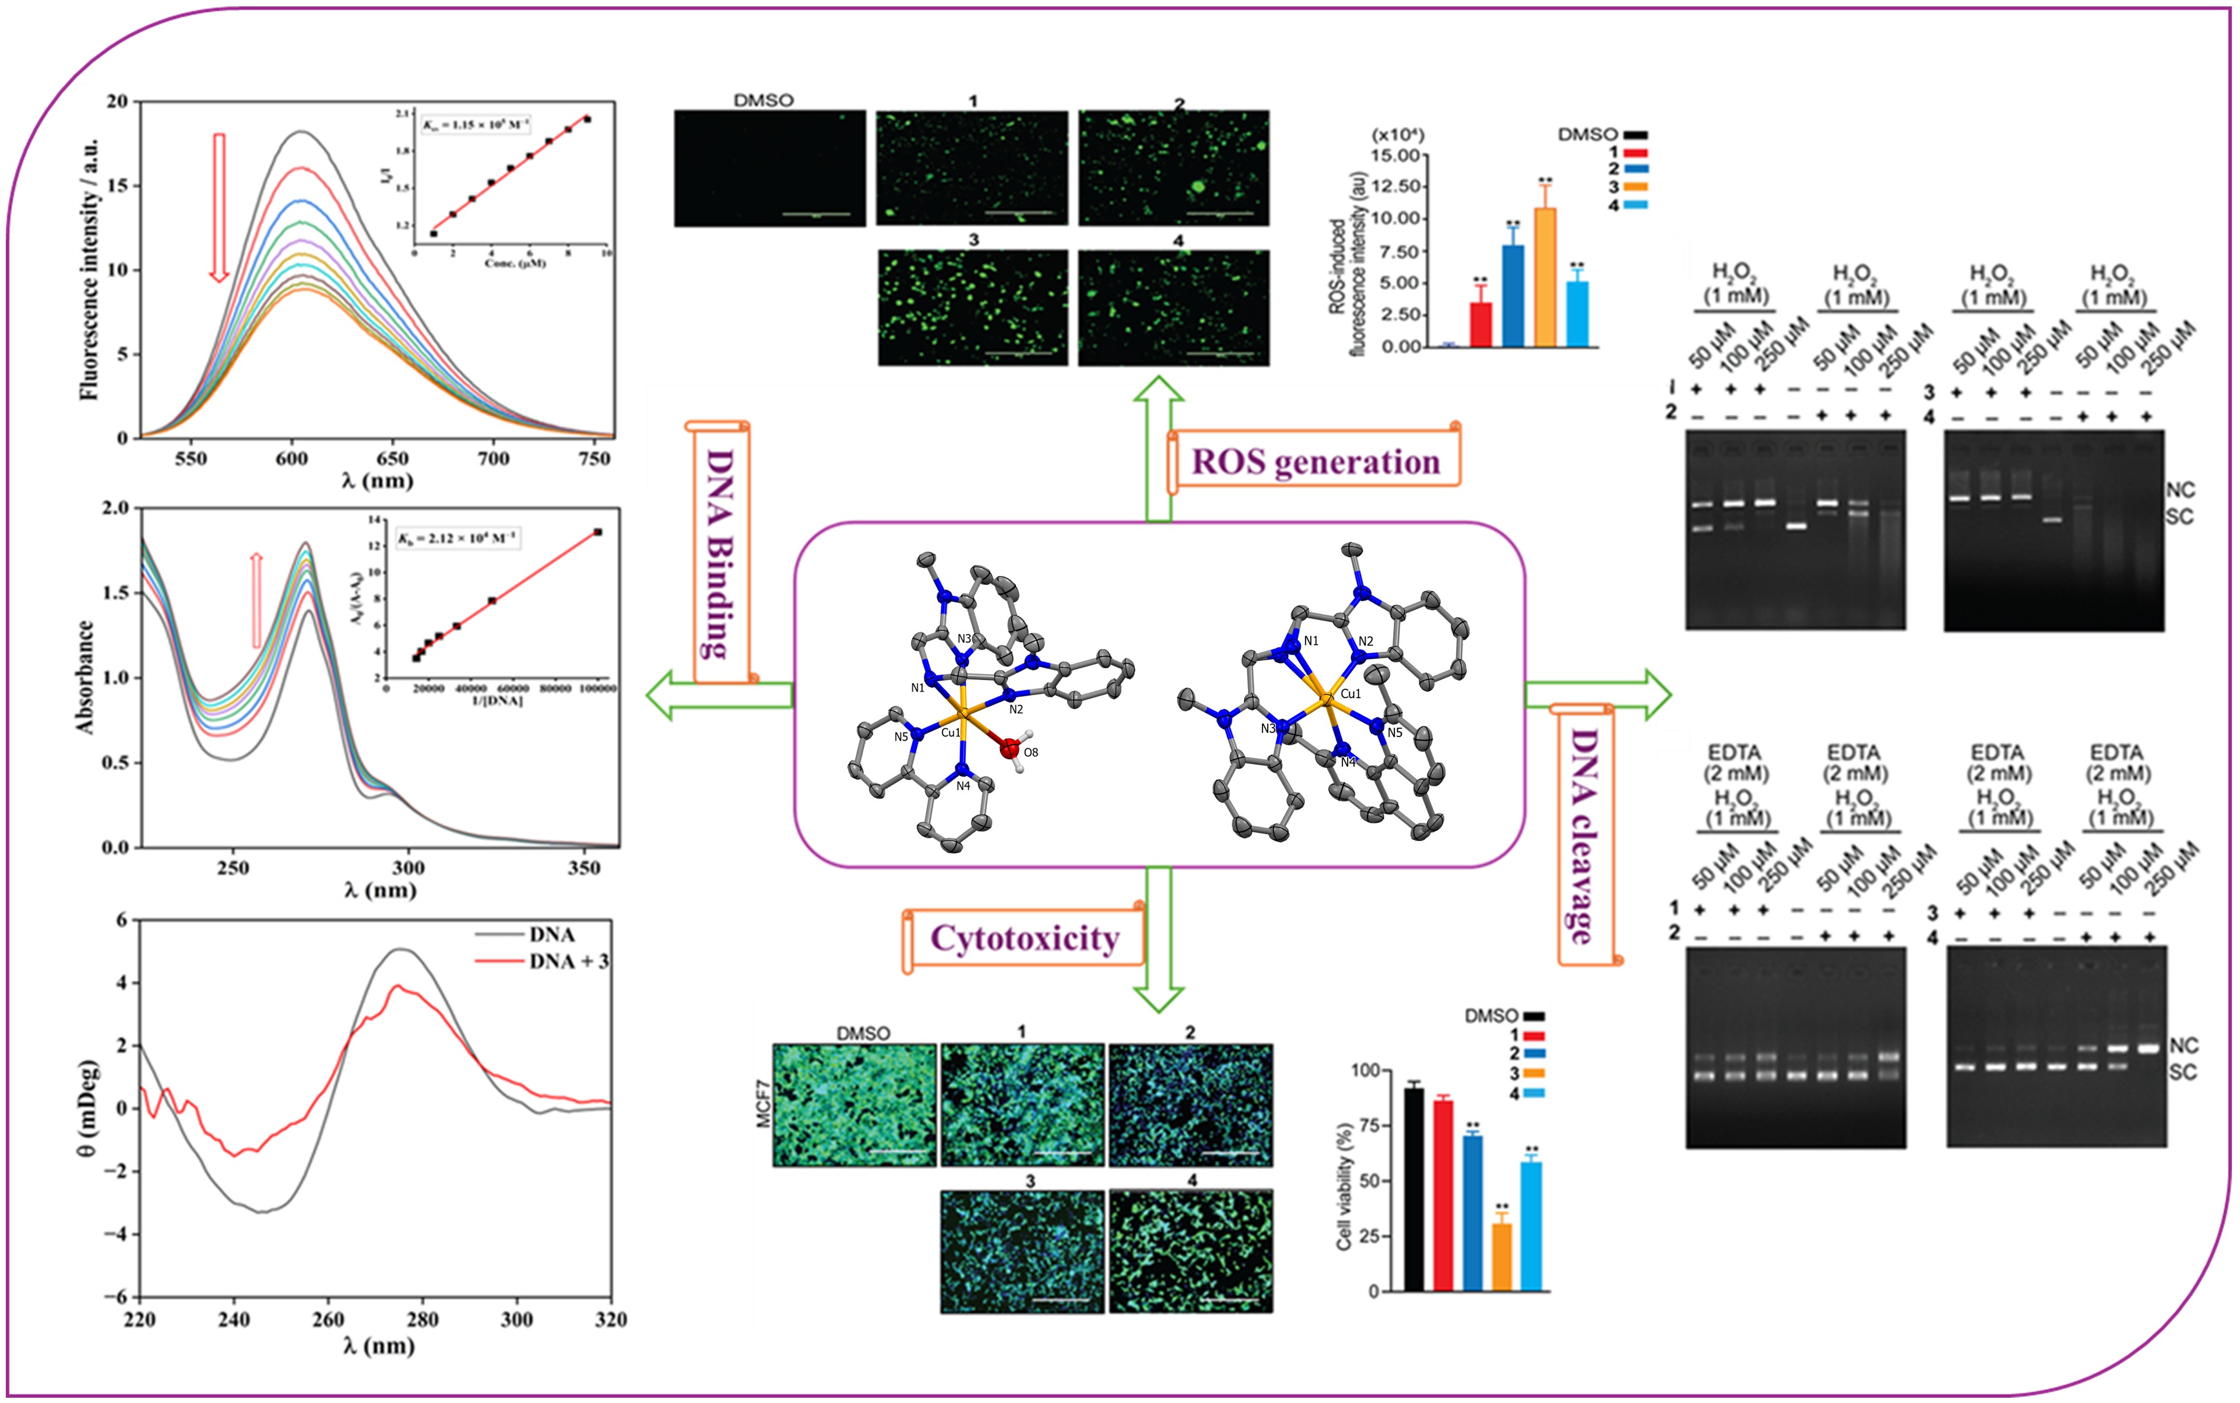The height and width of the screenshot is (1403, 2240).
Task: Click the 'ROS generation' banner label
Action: click(1315, 461)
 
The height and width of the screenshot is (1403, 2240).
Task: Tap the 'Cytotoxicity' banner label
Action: click(1025, 938)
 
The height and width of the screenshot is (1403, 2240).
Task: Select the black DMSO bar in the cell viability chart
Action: click(1413, 1188)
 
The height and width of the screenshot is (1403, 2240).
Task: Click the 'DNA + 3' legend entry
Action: click(568, 962)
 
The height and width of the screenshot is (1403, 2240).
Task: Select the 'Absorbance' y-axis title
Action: click(85, 678)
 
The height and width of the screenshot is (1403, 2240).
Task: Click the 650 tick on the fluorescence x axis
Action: click(392, 458)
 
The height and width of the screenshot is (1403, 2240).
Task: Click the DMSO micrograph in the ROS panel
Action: click(769, 168)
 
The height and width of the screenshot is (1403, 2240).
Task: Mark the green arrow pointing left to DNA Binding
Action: click(718, 695)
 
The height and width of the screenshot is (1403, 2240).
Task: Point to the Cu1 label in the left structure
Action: click(951, 732)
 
